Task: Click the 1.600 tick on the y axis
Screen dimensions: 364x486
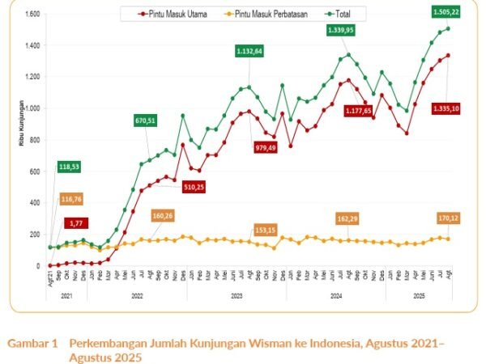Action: click(32, 15)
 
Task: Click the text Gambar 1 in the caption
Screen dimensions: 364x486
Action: click(32, 343)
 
